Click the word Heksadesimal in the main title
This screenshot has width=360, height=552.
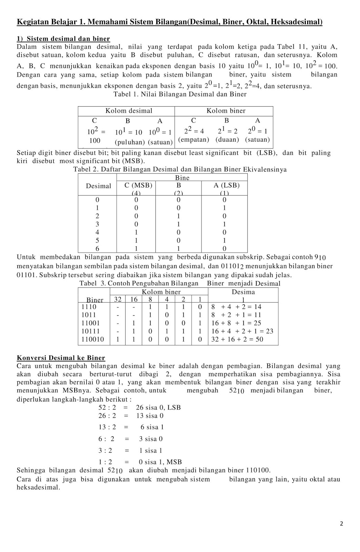(296, 22)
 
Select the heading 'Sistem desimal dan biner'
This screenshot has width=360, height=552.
(68, 39)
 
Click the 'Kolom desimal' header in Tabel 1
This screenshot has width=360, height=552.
(129, 111)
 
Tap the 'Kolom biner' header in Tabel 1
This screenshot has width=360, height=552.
(226, 111)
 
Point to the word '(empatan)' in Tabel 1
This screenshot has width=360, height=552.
(194, 140)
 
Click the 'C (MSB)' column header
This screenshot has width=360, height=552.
(138, 185)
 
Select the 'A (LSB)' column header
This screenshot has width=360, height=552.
(226, 185)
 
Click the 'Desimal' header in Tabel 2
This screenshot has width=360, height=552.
(99, 186)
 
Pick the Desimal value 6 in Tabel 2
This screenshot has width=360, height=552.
(97, 248)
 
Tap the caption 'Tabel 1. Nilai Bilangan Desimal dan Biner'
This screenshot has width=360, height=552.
(180, 94)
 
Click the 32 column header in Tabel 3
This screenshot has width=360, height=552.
(118, 299)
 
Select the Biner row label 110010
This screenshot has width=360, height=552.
(93, 339)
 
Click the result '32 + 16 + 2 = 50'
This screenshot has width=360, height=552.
(237, 339)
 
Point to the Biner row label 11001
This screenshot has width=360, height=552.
(90, 323)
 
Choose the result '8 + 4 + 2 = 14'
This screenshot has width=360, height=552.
(236, 307)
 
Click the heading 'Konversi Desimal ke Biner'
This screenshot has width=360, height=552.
(61, 358)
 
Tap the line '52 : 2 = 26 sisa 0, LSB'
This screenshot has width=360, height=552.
(139, 407)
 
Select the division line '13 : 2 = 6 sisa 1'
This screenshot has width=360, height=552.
(131, 427)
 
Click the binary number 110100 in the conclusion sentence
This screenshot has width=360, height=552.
(258, 470)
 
